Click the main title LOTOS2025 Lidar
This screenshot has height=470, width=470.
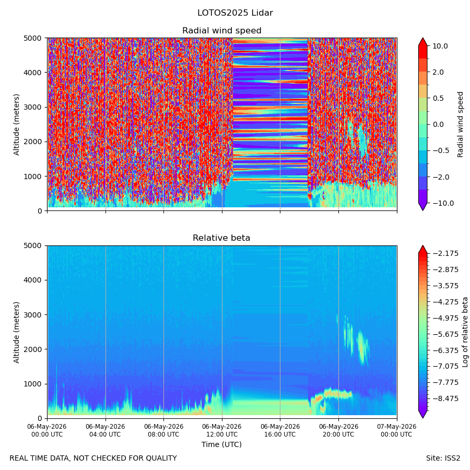pyautogui.click(x=235, y=13)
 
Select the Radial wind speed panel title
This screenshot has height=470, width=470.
pyautogui.click(x=222, y=31)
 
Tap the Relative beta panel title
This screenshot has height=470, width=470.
pyautogui.click(x=221, y=238)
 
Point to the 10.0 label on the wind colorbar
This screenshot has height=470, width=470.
pyautogui.click(x=440, y=46)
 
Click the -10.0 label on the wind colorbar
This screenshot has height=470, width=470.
pyautogui.click(x=443, y=203)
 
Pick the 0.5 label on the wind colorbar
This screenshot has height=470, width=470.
pyautogui.click(x=438, y=98)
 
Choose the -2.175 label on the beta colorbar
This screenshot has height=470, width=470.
pyautogui.click(x=445, y=254)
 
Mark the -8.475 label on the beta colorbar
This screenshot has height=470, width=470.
pyautogui.click(x=445, y=398)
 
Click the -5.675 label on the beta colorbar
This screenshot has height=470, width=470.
pyautogui.click(x=445, y=334)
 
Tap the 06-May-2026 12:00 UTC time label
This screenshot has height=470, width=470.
pyautogui.click(x=222, y=430)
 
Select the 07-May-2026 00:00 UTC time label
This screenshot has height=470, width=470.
pyautogui.click(x=397, y=430)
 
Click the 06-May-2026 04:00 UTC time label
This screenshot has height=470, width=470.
pyautogui.click(x=105, y=430)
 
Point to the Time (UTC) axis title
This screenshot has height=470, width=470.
pyautogui.click(x=221, y=444)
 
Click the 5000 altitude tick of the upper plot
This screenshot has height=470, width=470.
pyautogui.click(x=33, y=38)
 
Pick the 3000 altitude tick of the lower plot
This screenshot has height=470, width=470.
pyautogui.click(x=33, y=315)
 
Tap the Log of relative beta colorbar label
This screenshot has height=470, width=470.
pyautogui.click(x=465, y=332)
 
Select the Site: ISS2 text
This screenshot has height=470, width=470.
pyautogui.click(x=443, y=459)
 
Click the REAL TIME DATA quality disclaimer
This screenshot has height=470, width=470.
pyautogui.click(x=93, y=459)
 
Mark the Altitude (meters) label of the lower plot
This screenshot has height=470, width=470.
pyautogui.click(x=16, y=332)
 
